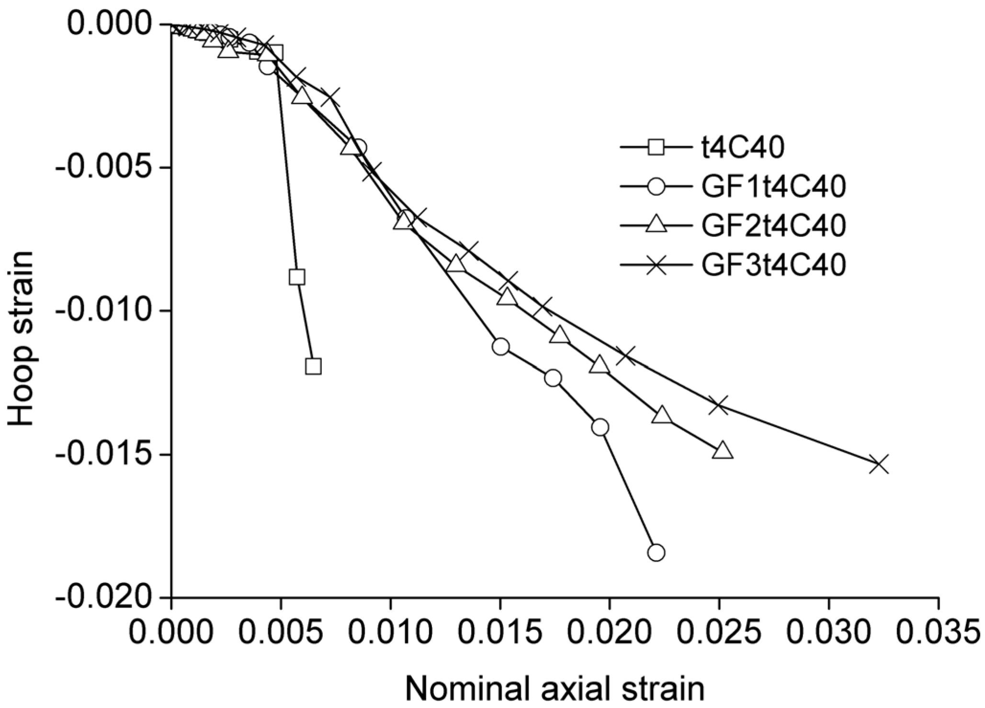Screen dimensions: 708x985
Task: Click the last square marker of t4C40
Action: pos(313,366)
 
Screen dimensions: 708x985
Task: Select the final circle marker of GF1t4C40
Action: pos(656,552)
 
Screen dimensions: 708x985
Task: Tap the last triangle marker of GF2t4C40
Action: pos(723,451)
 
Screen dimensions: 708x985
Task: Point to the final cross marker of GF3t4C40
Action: pos(879,464)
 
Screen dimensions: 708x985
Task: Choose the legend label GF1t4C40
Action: pos(771,187)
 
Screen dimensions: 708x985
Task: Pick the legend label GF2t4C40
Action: pos(771,225)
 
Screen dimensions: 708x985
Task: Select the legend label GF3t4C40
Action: pos(771,264)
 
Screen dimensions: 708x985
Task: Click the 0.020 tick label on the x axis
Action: pos(609,631)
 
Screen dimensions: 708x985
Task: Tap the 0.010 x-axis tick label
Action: pos(390,631)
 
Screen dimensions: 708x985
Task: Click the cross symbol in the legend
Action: pos(657,264)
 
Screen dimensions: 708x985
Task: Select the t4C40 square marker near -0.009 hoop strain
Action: pos(297,277)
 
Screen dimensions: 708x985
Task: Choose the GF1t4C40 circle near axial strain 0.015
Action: pos(500,347)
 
